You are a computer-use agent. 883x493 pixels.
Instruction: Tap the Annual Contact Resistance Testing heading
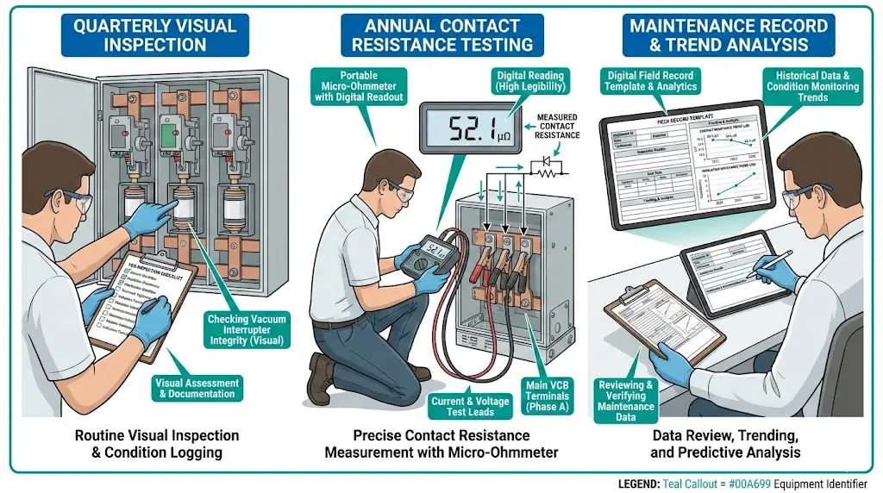[x=441, y=34]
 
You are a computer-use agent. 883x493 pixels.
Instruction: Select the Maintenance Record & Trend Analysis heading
[x=730, y=34]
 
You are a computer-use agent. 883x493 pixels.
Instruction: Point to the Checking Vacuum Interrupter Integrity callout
[x=246, y=330]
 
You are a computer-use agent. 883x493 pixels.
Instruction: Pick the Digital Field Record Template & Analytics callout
[x=650, y=82]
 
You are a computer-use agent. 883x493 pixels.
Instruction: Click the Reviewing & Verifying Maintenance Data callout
[x=626, y=401]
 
